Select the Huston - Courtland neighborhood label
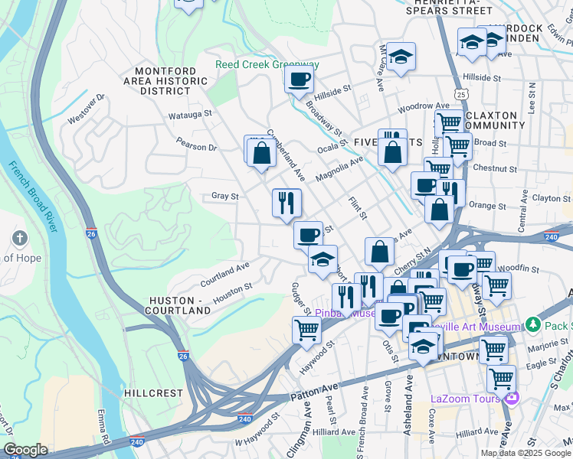pyautogui.click(x=179, y=306)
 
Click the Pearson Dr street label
pyautogui.click(x=196, y=145)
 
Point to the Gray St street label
pyautogui.click(x=224, y=197)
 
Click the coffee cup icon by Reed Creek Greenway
pyautogui.click(x=299, y=79)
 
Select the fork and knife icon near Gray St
pyautogui.click(x=286, y=203)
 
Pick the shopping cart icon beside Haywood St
pyautogui.click(x=306, y=330)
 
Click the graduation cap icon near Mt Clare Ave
pyautogui.click(x=400, y=57)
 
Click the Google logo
pyautogui.click(x=25, y=450)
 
